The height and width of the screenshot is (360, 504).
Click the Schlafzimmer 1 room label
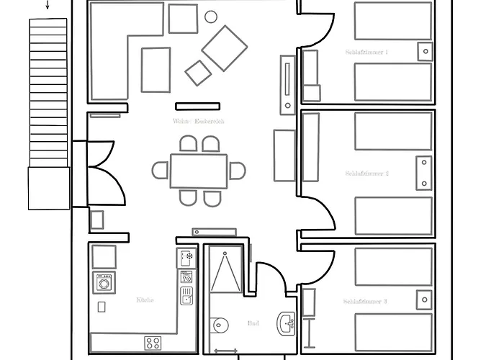pyautogui.click(x=366, y=53)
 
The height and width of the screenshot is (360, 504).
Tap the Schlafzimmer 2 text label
pyautogui.click(x=366, y=174)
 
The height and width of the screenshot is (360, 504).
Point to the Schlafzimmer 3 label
pyautogui.click(x=365, y=302)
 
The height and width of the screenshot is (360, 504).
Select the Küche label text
pyautogui.click(x=145, y=300)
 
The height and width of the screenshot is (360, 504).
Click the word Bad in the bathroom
pyautogui.click(x=253, y=324)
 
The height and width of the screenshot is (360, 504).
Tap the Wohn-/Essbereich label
pyautogui.click(x=198, y=122)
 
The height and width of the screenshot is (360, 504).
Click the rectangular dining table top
pyautogui.click(x=199, y=171)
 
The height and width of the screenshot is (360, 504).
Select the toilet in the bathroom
pyautogui.click(x=220, y=326)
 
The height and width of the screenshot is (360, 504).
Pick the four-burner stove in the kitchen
pyautogui.click(x=153, y=343)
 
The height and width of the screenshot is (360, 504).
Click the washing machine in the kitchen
pyautogui.click(x=104, y=283)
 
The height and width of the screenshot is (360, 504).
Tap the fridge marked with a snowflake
pyautogui.click(x=186, y=256)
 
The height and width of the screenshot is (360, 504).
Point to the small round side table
pyautogui.click(x=211, y=16)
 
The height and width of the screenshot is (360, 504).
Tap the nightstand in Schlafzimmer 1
pyautogui.click(x=426, y=51)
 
